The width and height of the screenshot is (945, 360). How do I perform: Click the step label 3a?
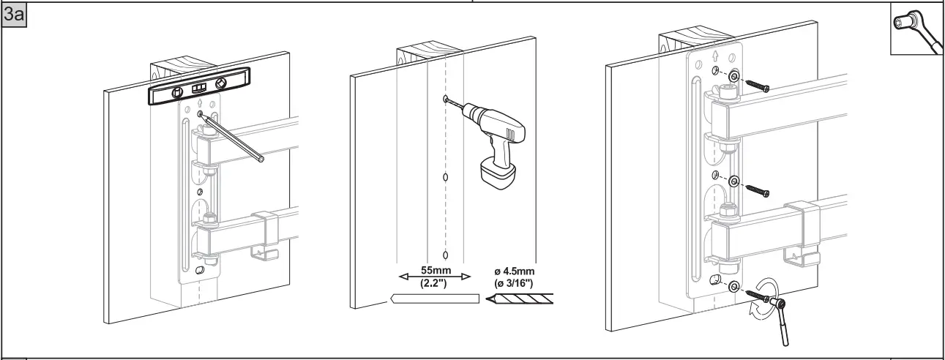tap(15, 15)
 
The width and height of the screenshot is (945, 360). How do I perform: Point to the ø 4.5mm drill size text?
tap(515, 270)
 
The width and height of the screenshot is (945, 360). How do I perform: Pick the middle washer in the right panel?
tap(733, 181)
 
